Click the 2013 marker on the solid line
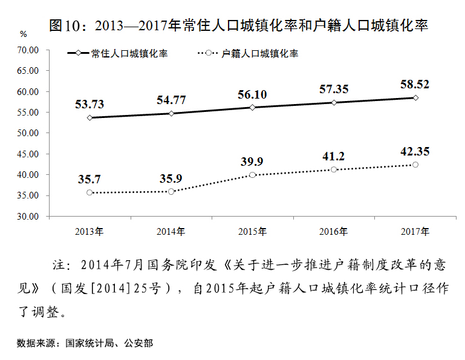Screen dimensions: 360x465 tap(89, 117)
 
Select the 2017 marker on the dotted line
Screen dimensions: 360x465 tap(415, 165)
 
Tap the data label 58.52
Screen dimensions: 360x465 tap(415, 84)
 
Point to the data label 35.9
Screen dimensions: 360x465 tap(171, 178)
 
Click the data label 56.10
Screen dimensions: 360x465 tap(252, 94)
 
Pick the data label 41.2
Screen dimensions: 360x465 tap(334, 156)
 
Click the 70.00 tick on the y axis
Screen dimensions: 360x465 tap(28, 50)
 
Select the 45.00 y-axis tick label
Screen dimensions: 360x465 tap(28, 154)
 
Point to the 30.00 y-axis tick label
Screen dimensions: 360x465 tap(28, 216)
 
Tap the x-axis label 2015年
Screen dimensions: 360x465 tap(252, 232)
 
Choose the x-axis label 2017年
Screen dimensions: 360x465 tap(415, 232)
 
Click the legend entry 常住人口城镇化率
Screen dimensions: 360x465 tap(129, 53)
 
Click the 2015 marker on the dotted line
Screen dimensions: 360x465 tap(252, 175)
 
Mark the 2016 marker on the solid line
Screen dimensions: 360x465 tap(334, 102)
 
